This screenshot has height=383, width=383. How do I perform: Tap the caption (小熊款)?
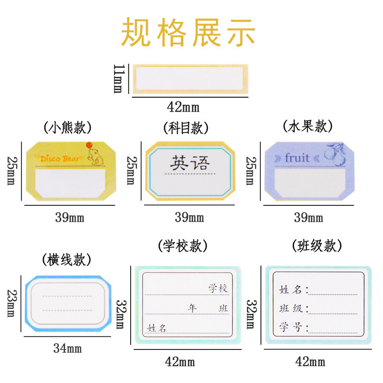pyautogui.click(x=68, y=128)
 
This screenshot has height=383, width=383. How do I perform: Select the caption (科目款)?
pyautogui.click(x=187, y=128)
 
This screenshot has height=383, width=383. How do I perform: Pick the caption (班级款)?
pyautogui.click(x=317, y=246)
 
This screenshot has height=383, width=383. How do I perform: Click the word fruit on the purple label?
pyautogui.click(x=297, y=158)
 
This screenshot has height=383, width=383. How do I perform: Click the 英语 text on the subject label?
pyautogui.click(x=190, y=164)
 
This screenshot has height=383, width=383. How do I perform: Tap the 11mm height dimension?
pyautogui.click(x=117, y=79)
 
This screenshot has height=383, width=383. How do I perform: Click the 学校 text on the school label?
pyautogui.click(x=218, y=289)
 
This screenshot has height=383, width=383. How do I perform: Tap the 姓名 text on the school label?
pyautogui.click(x=158, y=328)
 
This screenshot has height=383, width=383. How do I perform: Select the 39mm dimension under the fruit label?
pyautogui.click(x=308, y=218)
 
